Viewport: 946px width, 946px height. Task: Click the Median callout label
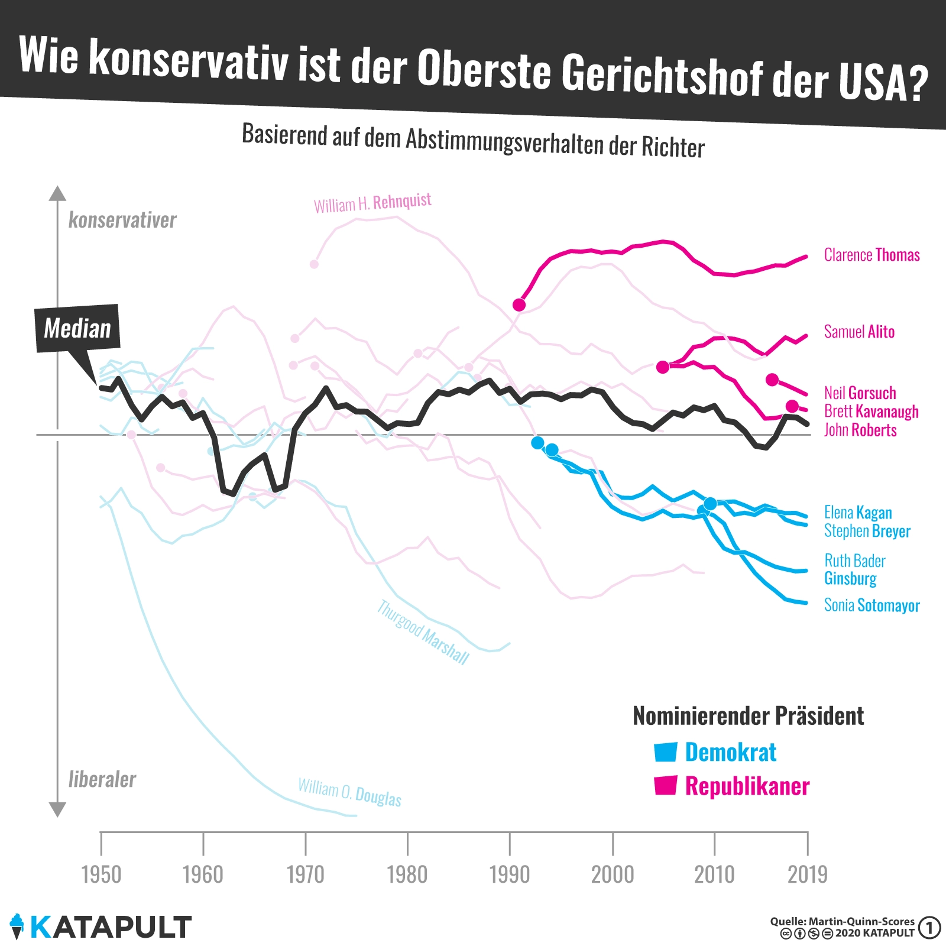click(x=77, y=328)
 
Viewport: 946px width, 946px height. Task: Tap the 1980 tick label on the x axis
click(x=407, y=874)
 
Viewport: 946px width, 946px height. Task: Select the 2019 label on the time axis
click(x=807, y=874)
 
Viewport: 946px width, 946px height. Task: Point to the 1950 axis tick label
click(x=101, y=874)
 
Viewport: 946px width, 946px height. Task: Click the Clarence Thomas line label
click(x=872, y=255)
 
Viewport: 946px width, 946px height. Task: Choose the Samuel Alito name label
click(x=859, y=332)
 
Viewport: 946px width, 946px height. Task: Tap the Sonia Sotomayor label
click(x=872, y=605)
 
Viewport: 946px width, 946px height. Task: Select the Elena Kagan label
click(x=858, y=512)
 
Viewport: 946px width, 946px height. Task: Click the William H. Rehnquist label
click(x=372, y=203)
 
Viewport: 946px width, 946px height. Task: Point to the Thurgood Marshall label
click(x=423, y=632)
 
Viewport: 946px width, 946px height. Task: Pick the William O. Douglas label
click(x=349, y=792)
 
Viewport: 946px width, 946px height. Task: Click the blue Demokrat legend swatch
click(x=665, y=751)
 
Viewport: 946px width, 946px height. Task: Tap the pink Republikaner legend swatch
click(x=665, y=786)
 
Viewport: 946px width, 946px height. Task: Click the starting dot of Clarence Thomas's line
click(x=519, y=304)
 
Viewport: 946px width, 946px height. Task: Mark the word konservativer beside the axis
click(x=122, y=220)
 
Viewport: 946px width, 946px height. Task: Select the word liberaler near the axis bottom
click(x=102, y=779)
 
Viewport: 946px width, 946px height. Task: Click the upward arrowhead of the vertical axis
click(x=57, y=193)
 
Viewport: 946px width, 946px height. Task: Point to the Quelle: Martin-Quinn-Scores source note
click(x=842, y=921)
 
